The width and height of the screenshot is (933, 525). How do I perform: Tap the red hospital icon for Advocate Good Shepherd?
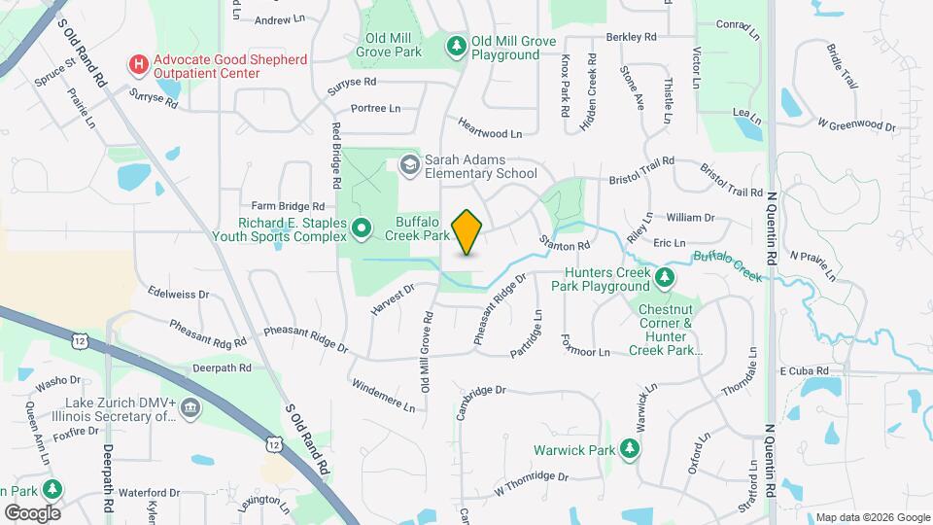(x=139, y=66)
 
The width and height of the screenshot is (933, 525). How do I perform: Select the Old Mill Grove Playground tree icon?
(x=457, y=46)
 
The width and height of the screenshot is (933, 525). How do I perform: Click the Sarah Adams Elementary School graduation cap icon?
(x=409, y=164)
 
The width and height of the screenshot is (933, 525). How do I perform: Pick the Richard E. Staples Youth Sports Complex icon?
(x=362, y=229)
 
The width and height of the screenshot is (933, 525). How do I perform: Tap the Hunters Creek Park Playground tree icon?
(x=665, y=279)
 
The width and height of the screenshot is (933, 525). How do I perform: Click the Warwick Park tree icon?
(x=630, y=449)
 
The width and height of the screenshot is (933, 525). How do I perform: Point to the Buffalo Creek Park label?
(x=417, y=227)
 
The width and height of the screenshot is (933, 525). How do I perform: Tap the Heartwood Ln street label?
(x=490, y=132)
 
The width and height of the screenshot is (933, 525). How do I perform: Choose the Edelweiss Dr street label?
(x=178, y=293)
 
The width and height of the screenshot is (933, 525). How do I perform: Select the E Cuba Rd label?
(x=803, y=371)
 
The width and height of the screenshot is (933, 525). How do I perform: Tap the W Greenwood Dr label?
(x=856, y=124)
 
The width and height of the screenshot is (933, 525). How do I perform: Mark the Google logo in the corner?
(x=32, y=512)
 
